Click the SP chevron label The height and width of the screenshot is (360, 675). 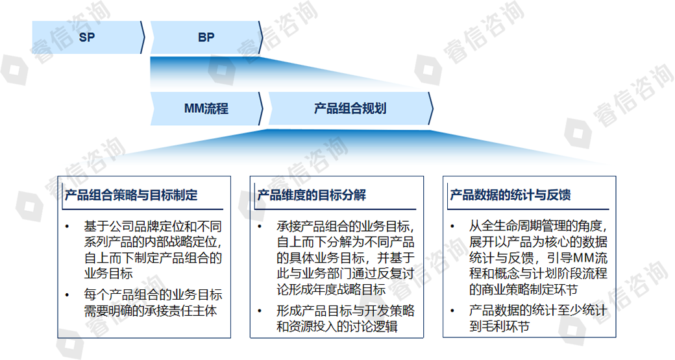[x=87, y=38]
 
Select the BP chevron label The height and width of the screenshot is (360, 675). [x=206, y=38]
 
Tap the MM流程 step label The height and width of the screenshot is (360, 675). [x=206, y=108]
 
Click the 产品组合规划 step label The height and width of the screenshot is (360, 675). [x=350, y=108]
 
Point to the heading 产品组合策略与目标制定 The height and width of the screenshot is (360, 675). [x=131, y=195]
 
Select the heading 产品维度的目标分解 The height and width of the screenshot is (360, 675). [x=312, y=195]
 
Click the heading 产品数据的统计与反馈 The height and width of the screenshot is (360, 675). [x=510, y=195]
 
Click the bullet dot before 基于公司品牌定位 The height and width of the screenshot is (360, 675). [x=67, y=226]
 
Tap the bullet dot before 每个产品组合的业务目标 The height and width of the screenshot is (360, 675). [x=67, y=295]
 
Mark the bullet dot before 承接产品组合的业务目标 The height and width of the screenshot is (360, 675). [x=260, y=226]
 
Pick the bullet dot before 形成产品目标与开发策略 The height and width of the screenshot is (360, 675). [x=260, y=311]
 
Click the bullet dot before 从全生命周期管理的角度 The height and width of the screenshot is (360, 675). [x=452, y=226]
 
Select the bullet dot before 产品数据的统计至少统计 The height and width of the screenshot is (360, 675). [x=452, y=311]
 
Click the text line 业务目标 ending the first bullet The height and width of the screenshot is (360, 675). [x=108, y=274]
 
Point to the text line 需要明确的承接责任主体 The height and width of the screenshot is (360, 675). [x=150, y=311]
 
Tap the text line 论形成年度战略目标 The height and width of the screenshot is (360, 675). [x=330, y=289]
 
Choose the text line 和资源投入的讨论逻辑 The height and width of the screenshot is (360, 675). [x=337, y=327]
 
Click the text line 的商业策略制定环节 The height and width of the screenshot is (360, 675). [x=523, y=289]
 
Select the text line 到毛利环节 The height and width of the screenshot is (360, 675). [x=499, y=327]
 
